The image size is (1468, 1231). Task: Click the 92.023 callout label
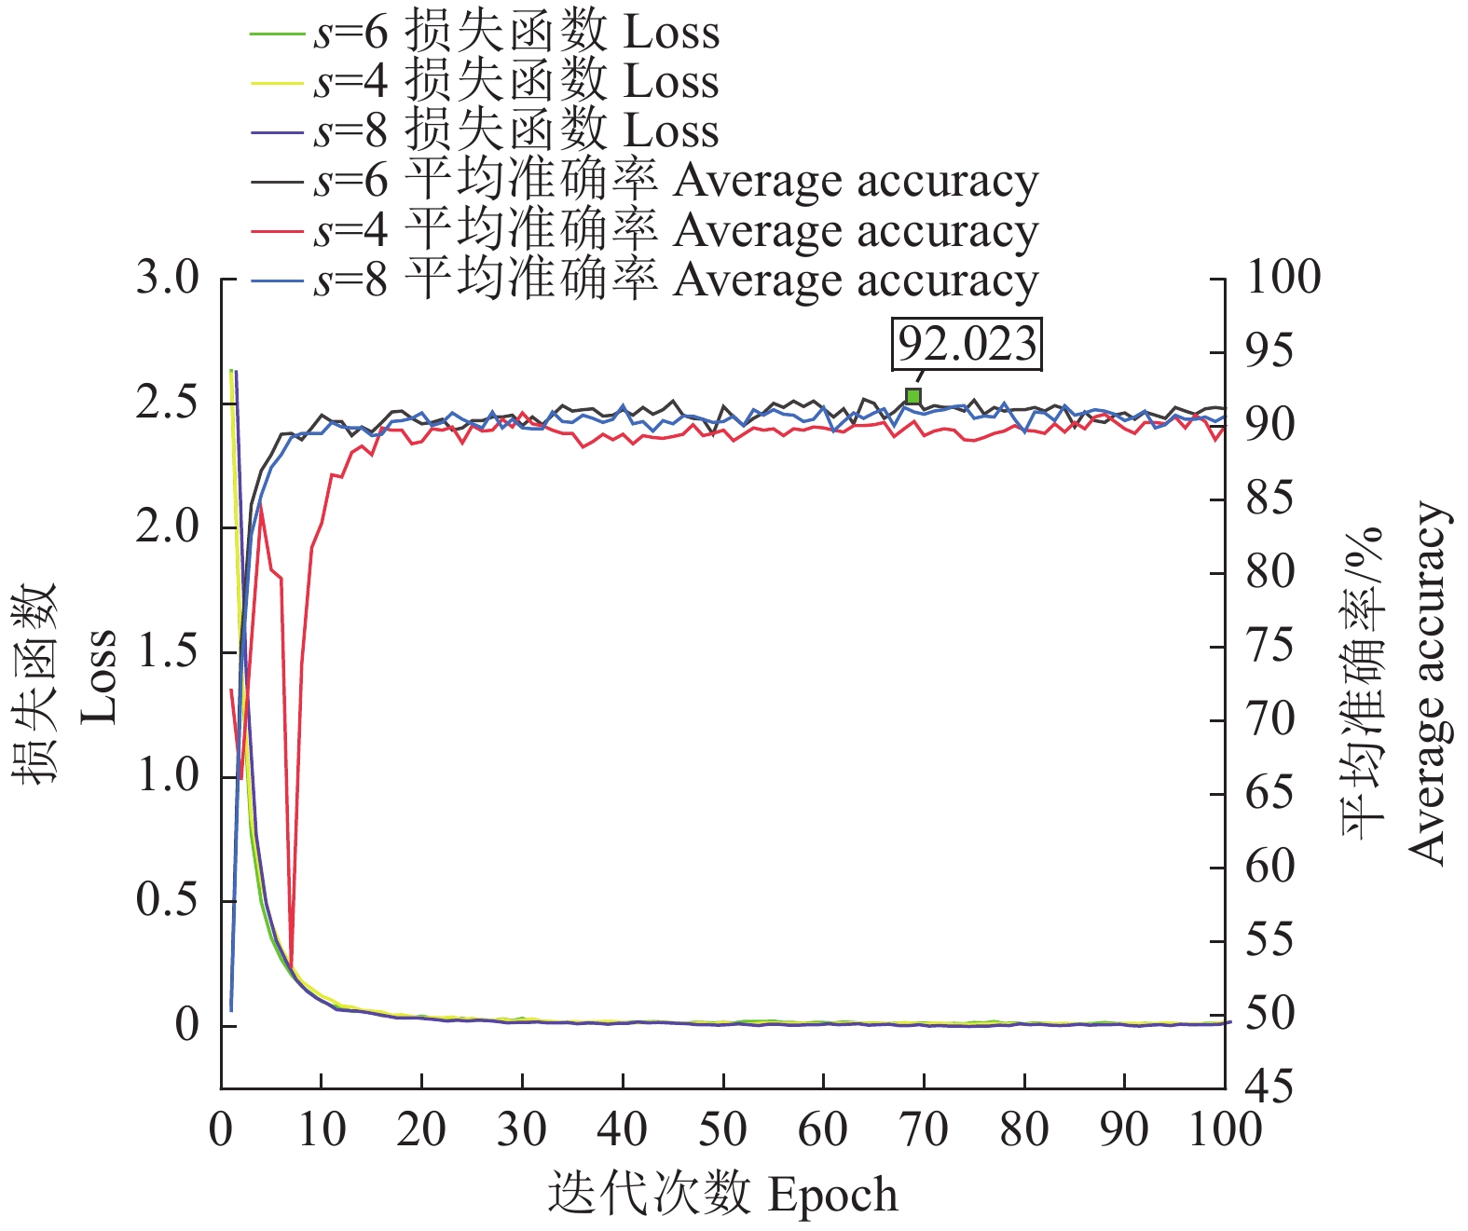[967, 344]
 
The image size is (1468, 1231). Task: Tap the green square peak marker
[913, 397]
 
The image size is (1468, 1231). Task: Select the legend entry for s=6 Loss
[485, 33]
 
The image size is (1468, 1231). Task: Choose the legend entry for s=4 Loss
[485, 82]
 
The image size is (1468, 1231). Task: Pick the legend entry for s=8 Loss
[485, 131]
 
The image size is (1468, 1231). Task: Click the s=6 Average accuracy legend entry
[643, 181]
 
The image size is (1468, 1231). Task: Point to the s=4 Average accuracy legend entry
[643, 230]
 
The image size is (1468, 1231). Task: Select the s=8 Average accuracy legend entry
[643, 280]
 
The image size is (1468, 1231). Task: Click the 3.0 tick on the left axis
[168, 279]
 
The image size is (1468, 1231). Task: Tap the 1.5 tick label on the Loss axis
[168, 652]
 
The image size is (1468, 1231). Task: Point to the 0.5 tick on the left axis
[168, 901]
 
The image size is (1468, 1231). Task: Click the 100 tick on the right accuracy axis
[1283, 278]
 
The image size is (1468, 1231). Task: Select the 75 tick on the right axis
[1271, 646]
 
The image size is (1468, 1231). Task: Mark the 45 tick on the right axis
[1271, 1087]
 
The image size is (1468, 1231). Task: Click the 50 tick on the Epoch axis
[723, 1130]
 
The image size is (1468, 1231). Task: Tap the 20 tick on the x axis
[421, 1130]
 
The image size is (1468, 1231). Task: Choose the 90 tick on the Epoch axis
[1124, 1130]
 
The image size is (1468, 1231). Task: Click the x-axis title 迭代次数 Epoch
[723, 1196]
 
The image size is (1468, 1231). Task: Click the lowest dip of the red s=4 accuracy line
[291, 969]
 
